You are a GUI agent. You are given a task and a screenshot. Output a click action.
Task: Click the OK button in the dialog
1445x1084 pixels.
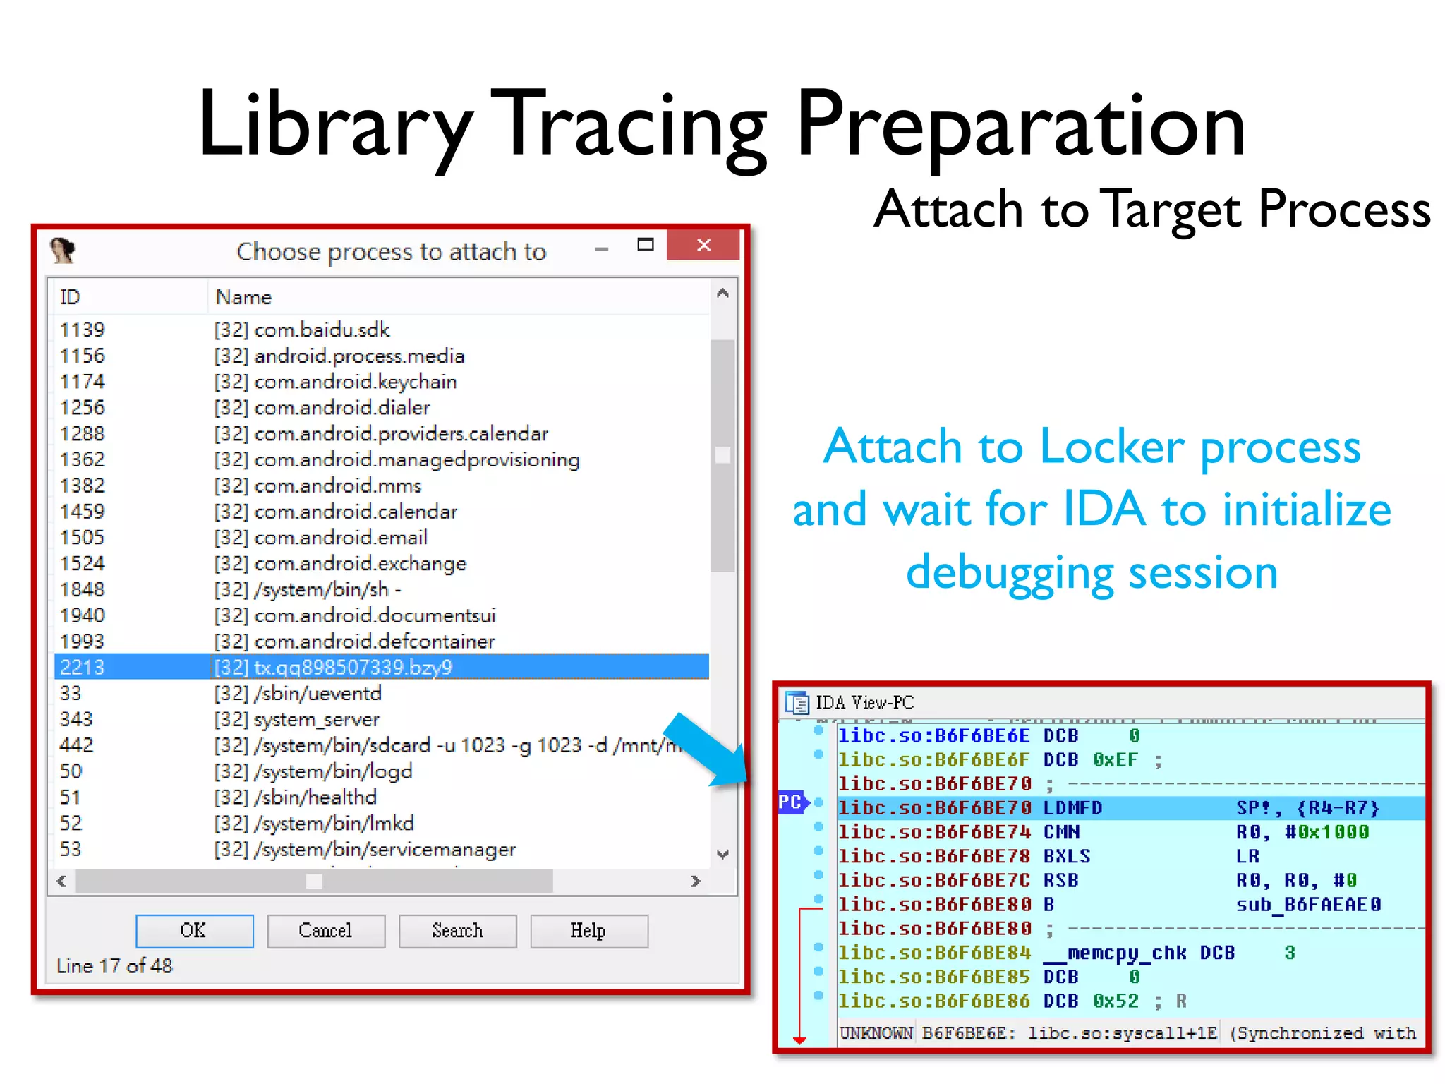pos(194,931)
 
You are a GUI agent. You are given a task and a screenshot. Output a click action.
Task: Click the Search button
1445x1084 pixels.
pos(457,931)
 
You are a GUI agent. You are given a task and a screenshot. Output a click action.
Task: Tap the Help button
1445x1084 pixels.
pos(588,931)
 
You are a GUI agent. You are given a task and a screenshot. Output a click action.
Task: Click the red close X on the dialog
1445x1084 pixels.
pos(703,245)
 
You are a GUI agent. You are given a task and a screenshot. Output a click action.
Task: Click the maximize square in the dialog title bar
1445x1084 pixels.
pos(645,245)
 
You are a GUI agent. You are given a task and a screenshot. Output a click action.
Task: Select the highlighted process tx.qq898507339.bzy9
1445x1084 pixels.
pos(353,667)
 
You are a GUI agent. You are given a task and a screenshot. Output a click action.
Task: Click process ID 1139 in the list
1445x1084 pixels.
pos(83,330)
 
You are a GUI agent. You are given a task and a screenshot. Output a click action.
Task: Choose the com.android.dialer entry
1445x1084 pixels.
pos(341,408)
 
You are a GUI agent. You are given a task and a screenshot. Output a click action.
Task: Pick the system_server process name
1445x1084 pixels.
pos(317,720)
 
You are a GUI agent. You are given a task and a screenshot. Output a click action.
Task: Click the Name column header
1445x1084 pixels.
pos(243,297)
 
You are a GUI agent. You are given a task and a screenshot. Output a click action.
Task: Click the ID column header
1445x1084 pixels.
pos(70,297)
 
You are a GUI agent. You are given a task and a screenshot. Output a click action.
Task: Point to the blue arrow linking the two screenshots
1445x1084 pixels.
pos(706,749)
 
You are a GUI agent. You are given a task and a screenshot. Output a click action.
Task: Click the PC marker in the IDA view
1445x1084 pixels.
pos(791,802)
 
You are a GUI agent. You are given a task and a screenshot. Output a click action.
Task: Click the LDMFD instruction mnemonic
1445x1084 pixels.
pos(1072,808)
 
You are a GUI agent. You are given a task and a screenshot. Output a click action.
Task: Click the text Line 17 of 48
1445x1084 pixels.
pos(114,965)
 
